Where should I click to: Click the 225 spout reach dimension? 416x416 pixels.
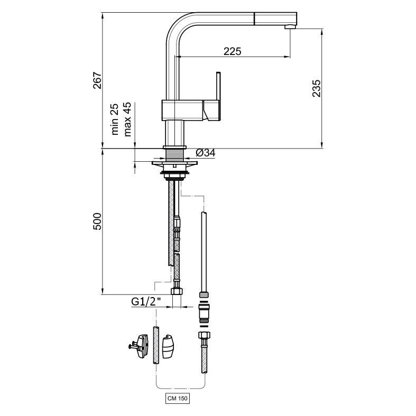coord(233,51)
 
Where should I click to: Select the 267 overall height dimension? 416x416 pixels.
coord(97,80)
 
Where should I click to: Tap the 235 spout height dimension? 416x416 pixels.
coord(316,88)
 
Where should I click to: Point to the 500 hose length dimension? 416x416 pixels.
coord(97,221)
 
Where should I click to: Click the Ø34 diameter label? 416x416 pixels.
coord(206,153)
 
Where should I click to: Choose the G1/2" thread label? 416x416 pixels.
coord(146,301)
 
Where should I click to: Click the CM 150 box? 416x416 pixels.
coord(178,398)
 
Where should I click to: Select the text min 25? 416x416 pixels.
coord(115,119)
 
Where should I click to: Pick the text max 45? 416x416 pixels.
coord(127,119)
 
